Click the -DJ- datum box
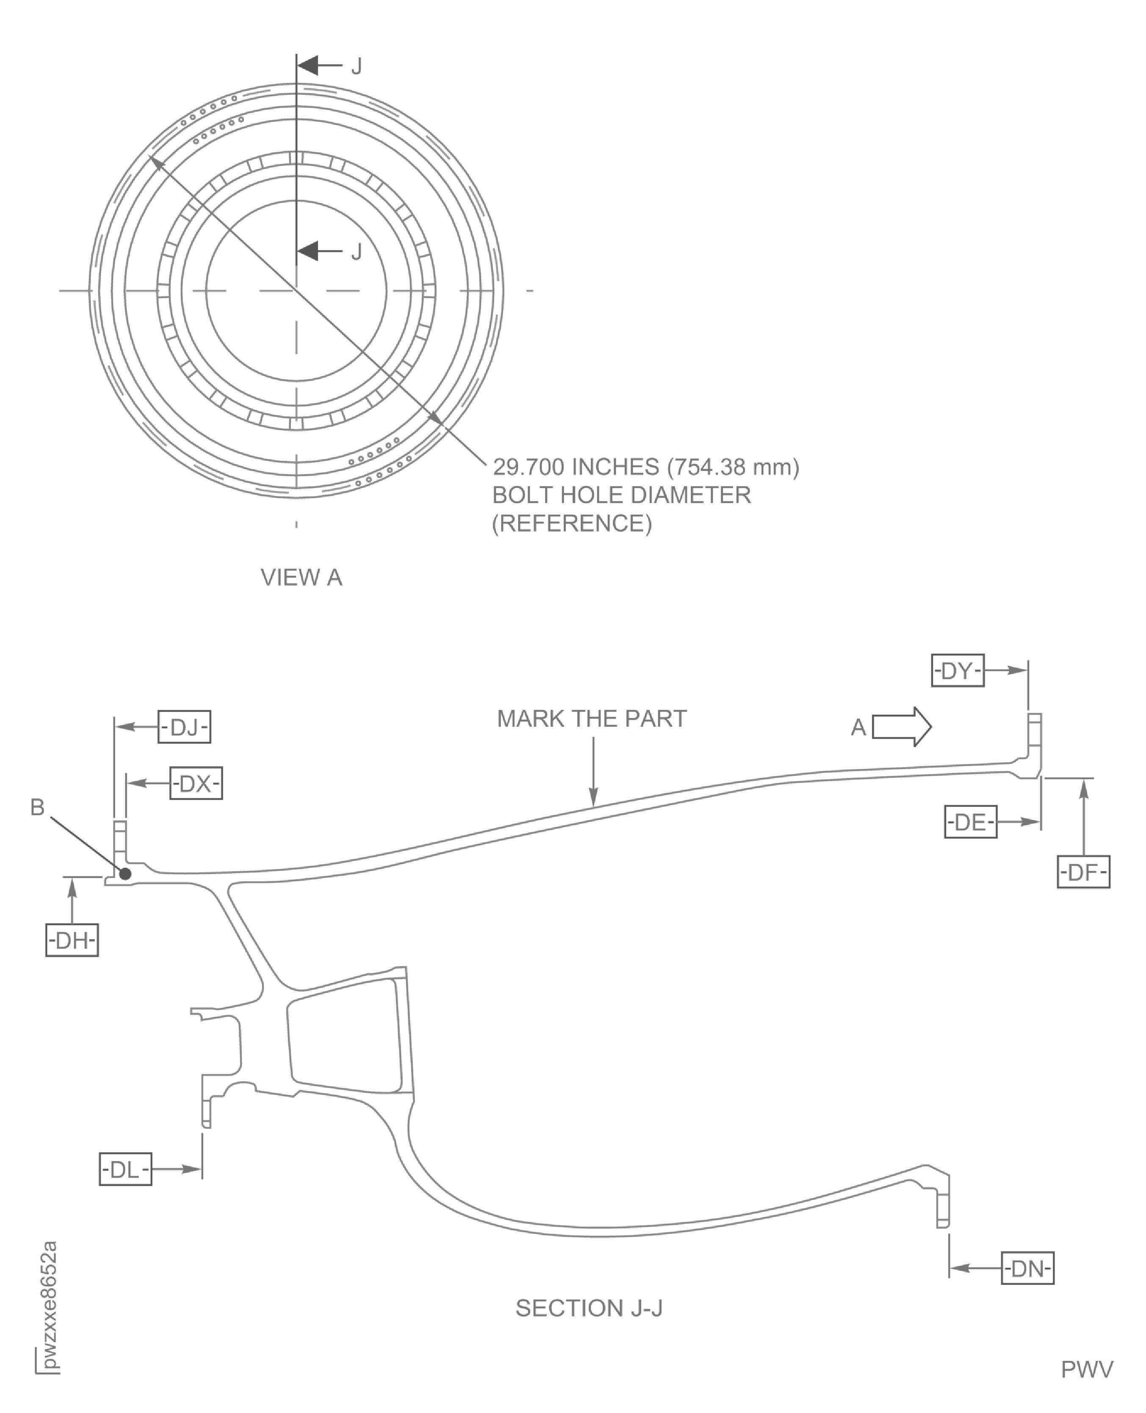(x=184, y=727)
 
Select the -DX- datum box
(x=196, y=783)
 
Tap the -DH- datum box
(x=72, y=940)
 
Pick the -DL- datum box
(x=125, y=1169)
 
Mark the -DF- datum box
(x=1083, y=872)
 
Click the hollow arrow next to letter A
(x=902, y=727)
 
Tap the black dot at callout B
(x=125, y=873)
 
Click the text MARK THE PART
(x=591, y=718)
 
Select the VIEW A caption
(x=301, y=578)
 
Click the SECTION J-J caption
(x=589, y=1308)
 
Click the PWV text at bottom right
(x=1087, y=1369)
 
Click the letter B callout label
(x=38, y=807)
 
